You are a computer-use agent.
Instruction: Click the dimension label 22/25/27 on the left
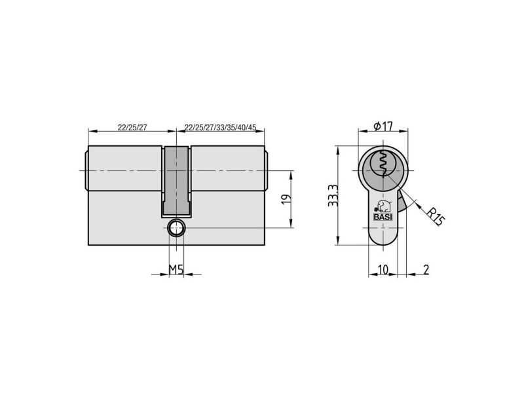click(x=132, y=127)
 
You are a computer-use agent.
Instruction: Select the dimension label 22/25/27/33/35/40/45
click(x=220, y=127)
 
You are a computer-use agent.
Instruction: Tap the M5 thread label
click(x=176, y=269)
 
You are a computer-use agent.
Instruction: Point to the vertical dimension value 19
click(x=286, y=199)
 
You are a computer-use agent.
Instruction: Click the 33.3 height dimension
click(x=333, y=196)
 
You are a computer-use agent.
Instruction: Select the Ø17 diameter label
click(x=383, y=126)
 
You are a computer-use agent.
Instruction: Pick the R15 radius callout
click(x=436, y=216)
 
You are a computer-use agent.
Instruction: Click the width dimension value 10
click(x=383, y=269)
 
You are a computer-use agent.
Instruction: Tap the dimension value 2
click(x=426, y=269)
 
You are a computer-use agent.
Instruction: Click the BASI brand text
click(x=383, y=217)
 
